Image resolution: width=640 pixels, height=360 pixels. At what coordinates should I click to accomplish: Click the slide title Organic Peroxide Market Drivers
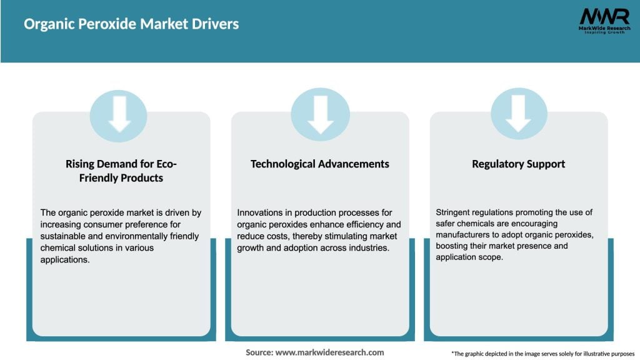click(x=131, y=24)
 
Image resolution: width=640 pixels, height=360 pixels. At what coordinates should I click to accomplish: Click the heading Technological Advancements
click(x=319, y=164)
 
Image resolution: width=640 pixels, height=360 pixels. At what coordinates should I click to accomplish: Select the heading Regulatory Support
click(x=518, y=164)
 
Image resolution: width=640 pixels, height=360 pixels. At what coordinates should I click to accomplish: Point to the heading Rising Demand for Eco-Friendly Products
click(x=122, y=171)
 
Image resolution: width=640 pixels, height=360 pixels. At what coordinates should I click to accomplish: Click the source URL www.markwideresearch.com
click(x=329, y=352)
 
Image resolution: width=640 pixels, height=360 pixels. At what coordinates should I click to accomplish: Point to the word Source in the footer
click(x=259, y=352)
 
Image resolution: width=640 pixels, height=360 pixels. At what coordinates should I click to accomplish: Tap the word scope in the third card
click(x=491, y=257)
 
